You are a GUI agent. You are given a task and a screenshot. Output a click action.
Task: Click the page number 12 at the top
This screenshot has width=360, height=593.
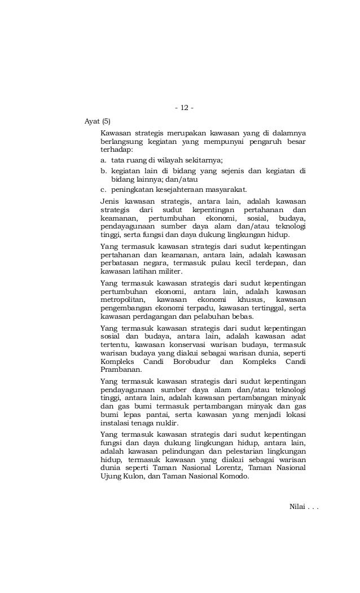[184, 107]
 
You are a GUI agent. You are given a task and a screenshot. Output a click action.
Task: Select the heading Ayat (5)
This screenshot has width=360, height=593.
[98, 121]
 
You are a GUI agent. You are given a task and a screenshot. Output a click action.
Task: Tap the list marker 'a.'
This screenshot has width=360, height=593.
[104, 160]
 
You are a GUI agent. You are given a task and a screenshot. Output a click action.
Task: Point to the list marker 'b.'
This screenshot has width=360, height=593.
[104, 170]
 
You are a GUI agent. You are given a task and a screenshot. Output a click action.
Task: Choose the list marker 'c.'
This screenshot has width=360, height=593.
[104, 189]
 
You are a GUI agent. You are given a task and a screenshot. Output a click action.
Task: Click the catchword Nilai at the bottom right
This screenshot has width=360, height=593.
[297, 508]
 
